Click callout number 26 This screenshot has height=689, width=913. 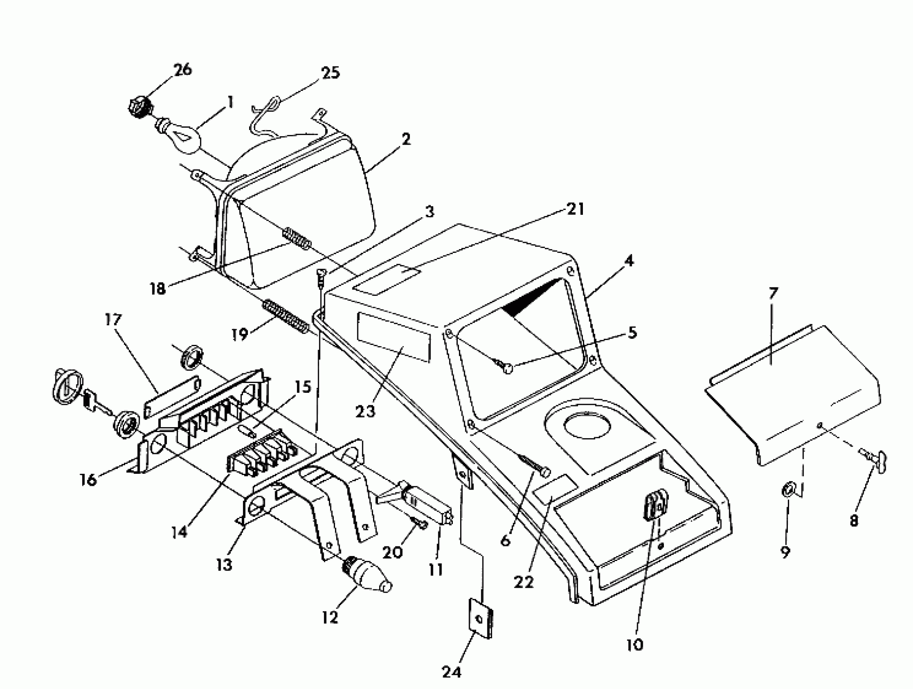[183, 69]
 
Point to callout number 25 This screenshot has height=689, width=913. [330, 72]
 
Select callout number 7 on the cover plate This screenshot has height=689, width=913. [773, 294]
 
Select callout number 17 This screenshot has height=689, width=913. [113, 319]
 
